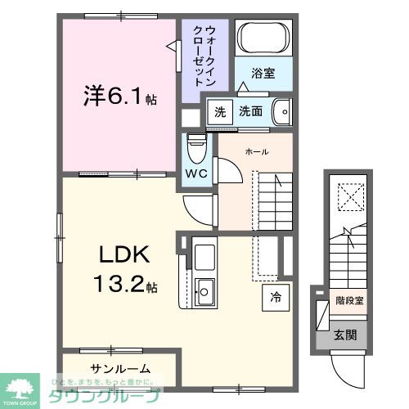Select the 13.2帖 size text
124,285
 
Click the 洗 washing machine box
218,110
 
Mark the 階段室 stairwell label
348,300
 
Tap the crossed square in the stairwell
350,196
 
